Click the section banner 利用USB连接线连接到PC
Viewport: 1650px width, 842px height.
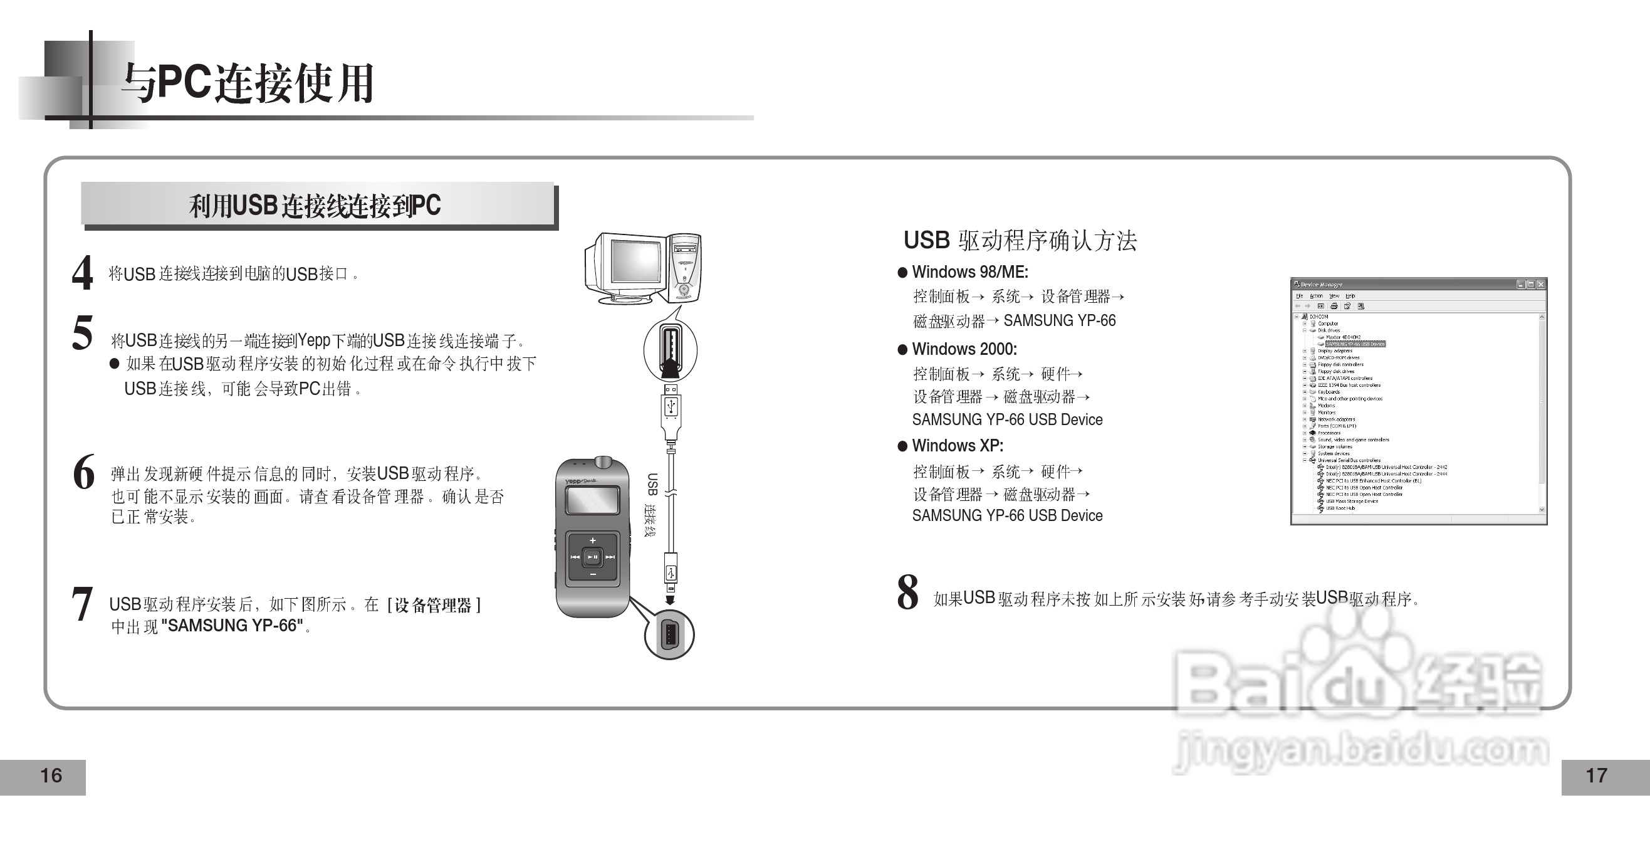(315, 206)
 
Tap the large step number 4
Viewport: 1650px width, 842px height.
(83, 273)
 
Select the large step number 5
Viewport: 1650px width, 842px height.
(83, 332)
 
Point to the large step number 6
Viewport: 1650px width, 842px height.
(84, 472)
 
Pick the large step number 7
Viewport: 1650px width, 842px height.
(82, 604)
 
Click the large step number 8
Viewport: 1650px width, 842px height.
(907, 592)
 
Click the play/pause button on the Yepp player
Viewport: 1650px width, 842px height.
(592, 557)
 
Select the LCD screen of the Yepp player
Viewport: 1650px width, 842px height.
(592, 500)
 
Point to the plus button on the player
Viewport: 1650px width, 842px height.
(592, 540)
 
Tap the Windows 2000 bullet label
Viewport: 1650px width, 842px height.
(964, 349)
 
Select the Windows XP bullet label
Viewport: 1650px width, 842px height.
(958, 446)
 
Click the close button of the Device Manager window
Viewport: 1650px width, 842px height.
(1540, 285)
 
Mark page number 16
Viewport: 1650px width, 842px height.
(51, 776)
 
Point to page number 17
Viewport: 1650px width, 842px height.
(1596, 776)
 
